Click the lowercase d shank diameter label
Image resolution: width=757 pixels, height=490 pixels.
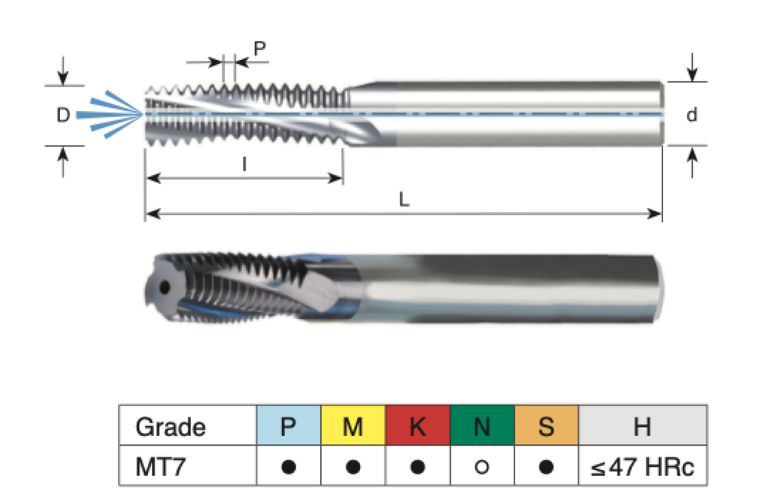(692, 115)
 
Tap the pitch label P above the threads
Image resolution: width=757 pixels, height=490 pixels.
(259, 49)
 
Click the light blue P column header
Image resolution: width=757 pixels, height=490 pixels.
(288, 426)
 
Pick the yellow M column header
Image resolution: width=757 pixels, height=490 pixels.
(353, 426)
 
